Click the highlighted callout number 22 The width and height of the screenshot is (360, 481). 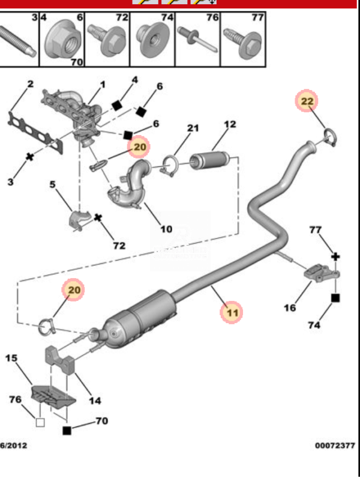[x=307, y=101]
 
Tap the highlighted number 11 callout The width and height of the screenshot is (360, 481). [x=232, y=312]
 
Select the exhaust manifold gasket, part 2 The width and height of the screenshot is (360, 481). [x=35, y=132]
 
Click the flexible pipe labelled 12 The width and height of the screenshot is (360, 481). [x=209, y=160]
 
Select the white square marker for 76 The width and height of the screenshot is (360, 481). [x=40, y=422]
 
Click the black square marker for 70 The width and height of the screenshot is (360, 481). [x=67, y=431]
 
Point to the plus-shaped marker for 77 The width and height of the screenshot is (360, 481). [x=335, y=256]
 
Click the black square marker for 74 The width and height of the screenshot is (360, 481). [x=335, y=298]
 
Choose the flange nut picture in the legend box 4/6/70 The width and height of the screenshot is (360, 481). [x=64, y=38]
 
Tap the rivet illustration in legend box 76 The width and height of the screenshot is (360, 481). [x=198, y=39]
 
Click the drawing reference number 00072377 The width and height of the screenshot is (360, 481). [x=335, y=445]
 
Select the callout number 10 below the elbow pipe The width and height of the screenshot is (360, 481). [x=166, y=229]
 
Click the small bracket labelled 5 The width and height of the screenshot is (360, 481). [x=79, y=220]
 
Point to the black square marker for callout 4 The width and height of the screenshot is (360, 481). [x=117, y=106]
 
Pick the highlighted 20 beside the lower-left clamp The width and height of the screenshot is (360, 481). [x=73, y=289]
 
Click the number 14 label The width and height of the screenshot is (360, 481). [x=95, y=401]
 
